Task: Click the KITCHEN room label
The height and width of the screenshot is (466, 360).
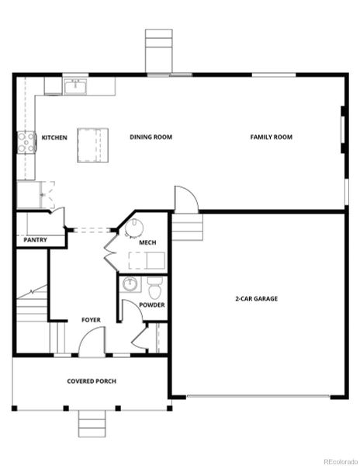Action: point(54,137)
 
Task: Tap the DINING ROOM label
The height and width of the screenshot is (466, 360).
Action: point(151,137)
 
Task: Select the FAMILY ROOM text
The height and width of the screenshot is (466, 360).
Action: point(271,137)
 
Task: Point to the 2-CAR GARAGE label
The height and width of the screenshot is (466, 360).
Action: point(256,298)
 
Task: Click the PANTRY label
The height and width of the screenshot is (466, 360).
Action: point(35,240)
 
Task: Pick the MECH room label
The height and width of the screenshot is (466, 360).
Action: point(147,243)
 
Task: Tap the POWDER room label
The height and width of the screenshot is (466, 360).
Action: point(151,304)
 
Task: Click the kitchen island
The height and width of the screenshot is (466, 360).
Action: point(92,144)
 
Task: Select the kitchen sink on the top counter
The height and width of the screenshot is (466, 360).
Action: point(77,85)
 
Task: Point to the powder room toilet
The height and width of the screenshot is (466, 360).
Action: point(154,287)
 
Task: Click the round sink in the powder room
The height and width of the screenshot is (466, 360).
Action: point(130,284)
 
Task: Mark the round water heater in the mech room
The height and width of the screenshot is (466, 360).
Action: point(136,228)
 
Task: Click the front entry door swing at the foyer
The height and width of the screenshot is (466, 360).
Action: point(92,342)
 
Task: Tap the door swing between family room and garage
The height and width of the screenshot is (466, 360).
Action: point(186,200)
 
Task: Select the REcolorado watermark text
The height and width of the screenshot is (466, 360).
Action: point(339,459)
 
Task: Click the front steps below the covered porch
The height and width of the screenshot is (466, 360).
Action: point(91,425)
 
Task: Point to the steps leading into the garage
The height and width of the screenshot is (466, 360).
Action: point(187,228)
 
